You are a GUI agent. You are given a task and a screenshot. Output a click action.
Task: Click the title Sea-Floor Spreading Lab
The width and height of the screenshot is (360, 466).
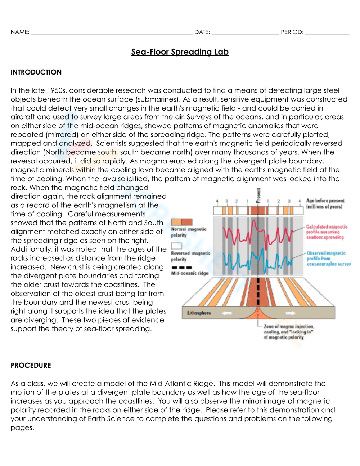[x=180, y=52]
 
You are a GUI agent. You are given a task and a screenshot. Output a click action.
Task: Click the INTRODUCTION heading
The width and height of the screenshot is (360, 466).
[x=36, y=72]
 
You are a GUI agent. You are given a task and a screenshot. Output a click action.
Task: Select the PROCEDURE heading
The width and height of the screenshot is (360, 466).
[x=31, y=365]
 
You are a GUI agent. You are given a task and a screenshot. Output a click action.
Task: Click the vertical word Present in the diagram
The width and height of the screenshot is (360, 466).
[x=258, y=196]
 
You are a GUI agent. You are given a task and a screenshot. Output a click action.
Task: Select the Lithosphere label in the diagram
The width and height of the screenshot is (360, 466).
[x=199, y=313]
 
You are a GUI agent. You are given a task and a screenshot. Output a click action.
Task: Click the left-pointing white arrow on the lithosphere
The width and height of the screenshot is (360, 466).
[x=227, y=313]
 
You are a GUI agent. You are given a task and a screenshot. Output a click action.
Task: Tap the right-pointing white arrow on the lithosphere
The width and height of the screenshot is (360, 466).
[x=290, y=313]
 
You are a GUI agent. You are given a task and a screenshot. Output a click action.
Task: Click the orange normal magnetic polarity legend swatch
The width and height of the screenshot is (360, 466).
[x=181, y=222]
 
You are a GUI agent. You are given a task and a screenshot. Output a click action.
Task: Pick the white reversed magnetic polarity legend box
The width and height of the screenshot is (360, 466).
[x=176, y=246]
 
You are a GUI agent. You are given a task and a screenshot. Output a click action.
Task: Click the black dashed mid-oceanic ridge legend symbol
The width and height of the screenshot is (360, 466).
[x=182, y=268]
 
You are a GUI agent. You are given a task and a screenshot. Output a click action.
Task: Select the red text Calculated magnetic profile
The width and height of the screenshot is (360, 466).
[x=327, y=232]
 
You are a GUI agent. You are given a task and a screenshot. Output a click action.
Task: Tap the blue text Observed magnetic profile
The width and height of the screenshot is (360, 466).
[x=328, y=259]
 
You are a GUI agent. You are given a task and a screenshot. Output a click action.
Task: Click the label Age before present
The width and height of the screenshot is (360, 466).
[x=325, y=203]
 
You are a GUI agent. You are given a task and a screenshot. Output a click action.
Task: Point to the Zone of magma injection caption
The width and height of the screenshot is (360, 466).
[x=288, y=332]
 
